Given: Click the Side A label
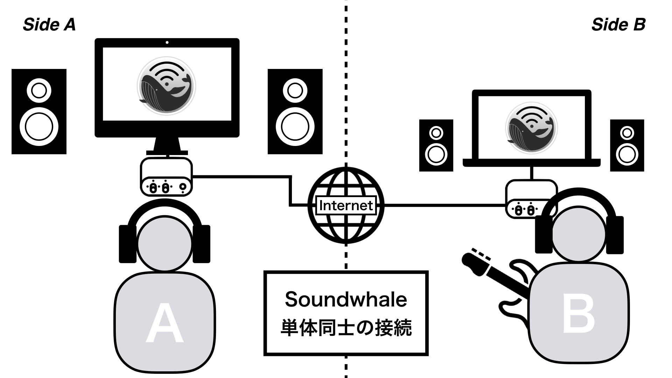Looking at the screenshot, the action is tap(49, 25).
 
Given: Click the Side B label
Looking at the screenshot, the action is tap(618, 25).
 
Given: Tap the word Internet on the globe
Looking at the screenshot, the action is tap(346, 205).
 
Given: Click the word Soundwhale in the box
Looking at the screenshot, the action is tap(346, 300).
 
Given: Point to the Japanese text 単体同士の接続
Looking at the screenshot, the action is tap(346, 328).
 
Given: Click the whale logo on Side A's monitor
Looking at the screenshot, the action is tap(166, 86).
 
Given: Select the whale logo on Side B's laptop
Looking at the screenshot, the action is tap(531, 127).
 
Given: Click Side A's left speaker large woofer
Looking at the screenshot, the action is tap(39, 126).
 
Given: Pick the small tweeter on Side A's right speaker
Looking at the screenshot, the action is tap(295, 91).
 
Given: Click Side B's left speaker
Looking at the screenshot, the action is tap(436, 145).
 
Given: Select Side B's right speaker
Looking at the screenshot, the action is tap(627, 145).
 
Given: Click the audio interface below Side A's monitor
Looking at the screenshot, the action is tap(166, 177).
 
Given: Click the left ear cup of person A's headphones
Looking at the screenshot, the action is tap(127, 244).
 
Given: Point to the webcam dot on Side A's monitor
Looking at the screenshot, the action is tap(167, 43).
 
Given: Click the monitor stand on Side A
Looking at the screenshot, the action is tap(167, 146).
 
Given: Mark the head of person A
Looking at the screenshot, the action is tap(164, 244).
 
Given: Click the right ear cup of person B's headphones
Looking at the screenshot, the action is tap(615, 235).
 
